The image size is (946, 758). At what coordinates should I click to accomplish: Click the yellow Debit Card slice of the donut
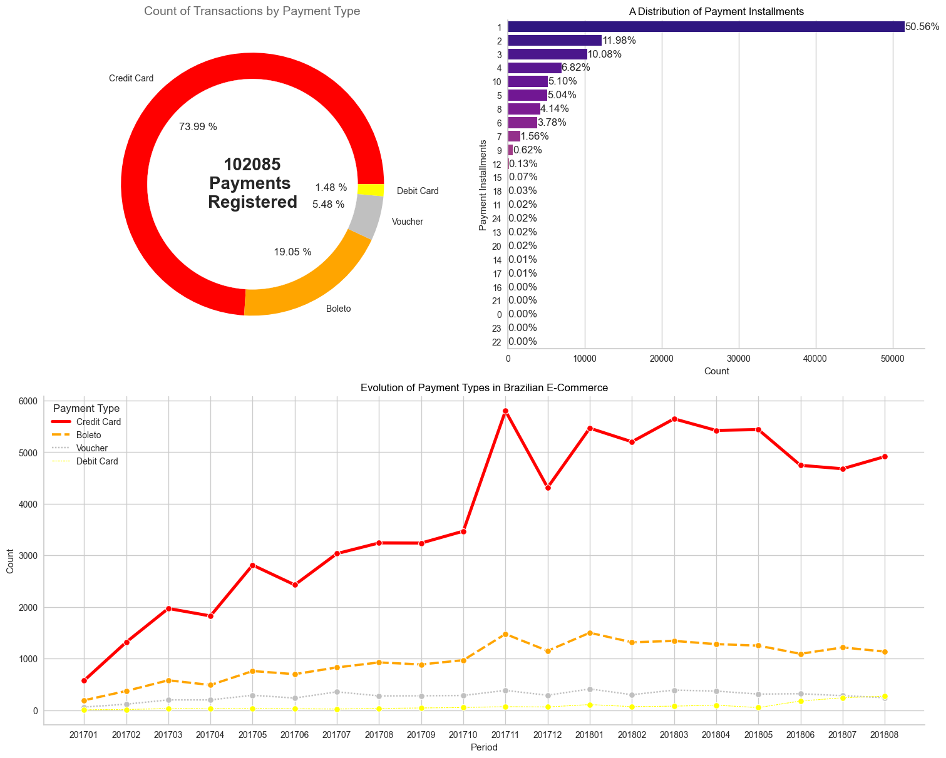pos(371,190)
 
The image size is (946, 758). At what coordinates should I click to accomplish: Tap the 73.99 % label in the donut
pos(198,126)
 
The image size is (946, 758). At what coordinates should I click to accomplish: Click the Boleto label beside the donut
pos(339,309)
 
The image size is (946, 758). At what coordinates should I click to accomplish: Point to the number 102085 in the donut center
pos(252,165)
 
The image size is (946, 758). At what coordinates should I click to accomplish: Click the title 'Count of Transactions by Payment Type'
pos(252,11)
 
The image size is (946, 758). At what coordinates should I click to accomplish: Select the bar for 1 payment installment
pos(706,26)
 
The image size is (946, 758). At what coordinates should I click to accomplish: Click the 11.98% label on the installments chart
pos(619,41)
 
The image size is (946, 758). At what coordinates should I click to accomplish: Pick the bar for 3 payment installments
pos(547,54)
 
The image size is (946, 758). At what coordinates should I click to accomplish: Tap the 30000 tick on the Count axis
pos(739,359)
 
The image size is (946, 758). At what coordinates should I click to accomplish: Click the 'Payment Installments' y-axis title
pos(483,185)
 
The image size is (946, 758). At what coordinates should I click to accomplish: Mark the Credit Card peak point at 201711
pos(505,411)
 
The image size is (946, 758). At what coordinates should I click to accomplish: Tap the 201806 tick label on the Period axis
pos(801,734)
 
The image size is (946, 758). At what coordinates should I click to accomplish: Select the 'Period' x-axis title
pos(484,747)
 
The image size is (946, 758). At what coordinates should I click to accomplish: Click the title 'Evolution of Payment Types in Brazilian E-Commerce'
pos(484,388)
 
